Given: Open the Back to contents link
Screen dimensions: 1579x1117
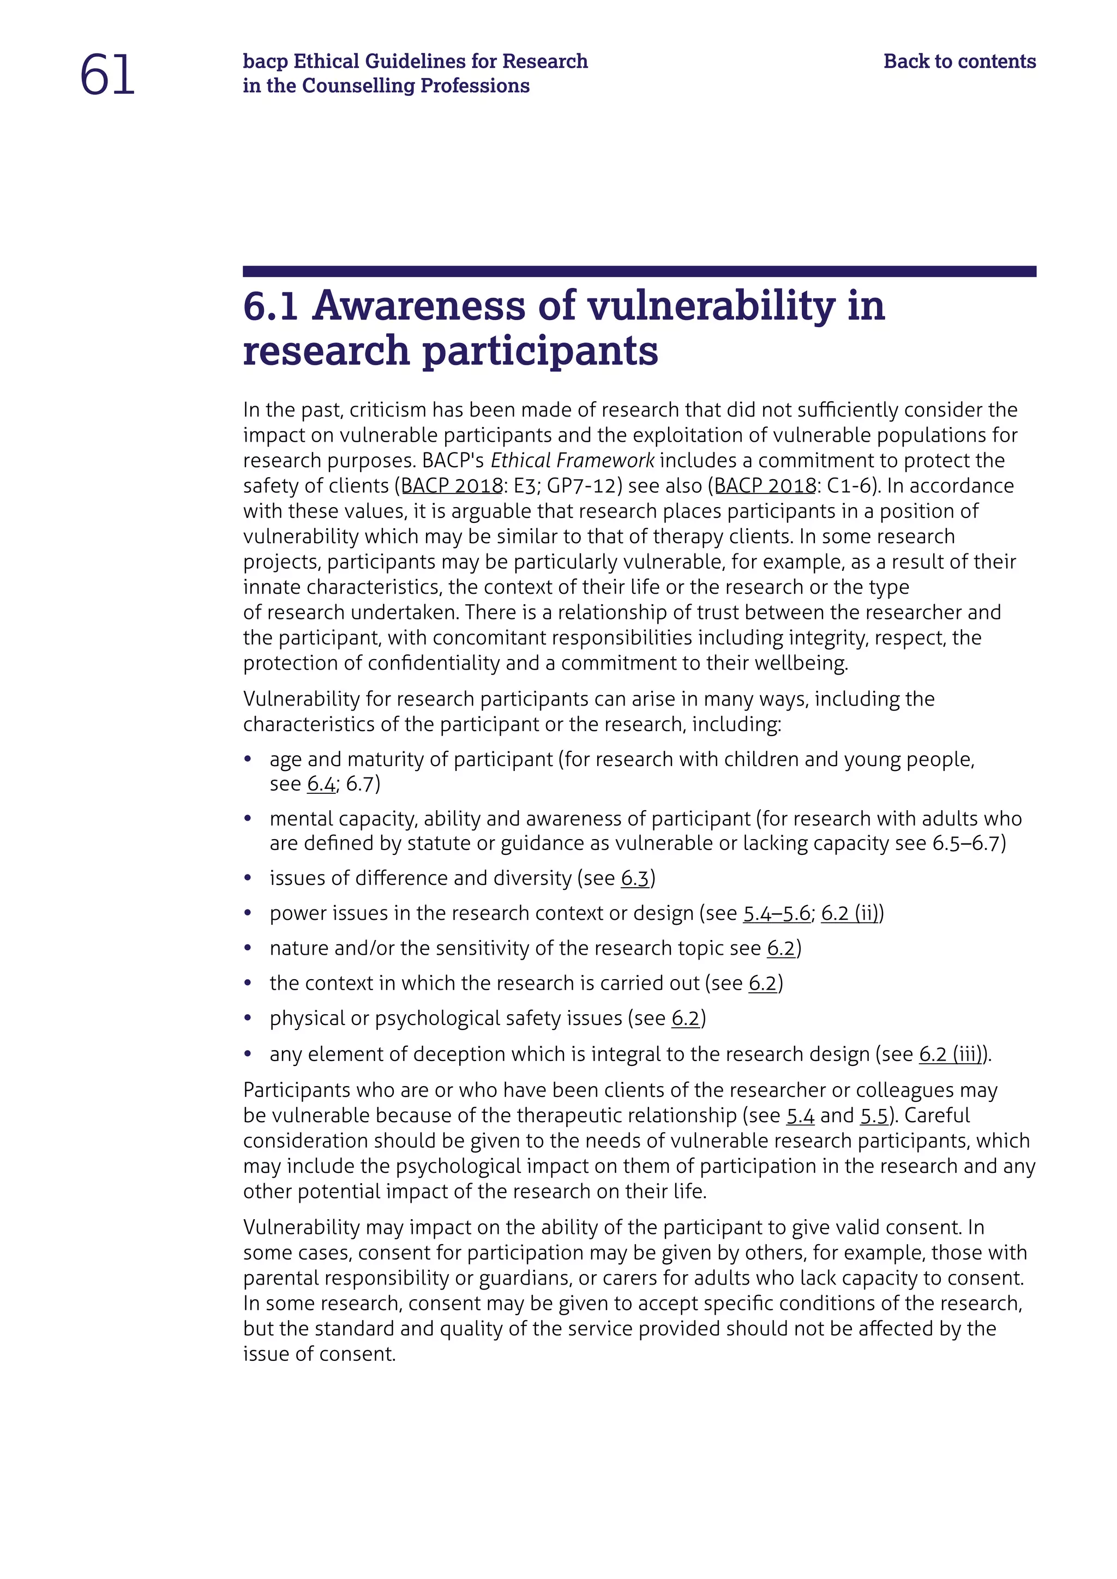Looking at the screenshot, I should click(959, 61).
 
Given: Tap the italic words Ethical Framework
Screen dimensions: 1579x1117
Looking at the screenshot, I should click(572, 460).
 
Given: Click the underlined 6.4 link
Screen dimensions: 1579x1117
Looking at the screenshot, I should click(321, 784).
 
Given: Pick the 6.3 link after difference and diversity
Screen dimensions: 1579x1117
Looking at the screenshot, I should click(635, 878).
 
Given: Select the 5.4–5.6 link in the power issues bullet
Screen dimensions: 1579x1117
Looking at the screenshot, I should click(777, 913).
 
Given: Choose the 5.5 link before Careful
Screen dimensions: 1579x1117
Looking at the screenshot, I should click(874, 1116).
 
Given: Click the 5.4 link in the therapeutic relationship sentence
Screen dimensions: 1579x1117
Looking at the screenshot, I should click(800, 1116).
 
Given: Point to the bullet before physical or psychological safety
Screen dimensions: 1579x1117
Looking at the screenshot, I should click(248, 1018).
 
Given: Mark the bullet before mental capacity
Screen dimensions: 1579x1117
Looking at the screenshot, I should click(248, 819).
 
